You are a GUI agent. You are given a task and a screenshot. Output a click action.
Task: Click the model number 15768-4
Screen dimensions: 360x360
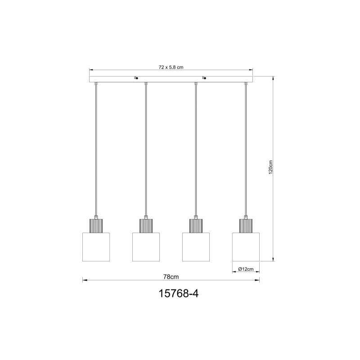[178, 293]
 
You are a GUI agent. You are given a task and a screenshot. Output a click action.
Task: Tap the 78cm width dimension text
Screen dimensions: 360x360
[171, 277]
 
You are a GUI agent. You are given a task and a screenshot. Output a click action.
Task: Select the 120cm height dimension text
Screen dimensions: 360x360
[271, 167]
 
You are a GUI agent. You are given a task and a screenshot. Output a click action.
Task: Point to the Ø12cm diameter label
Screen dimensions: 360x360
[246, 269]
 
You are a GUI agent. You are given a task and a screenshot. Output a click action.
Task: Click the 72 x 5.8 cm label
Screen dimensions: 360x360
[171, 67]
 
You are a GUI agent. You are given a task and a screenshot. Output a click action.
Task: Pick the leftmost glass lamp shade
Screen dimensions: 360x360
[96, 247]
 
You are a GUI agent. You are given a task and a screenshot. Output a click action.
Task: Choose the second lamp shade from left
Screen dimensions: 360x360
[146, 247]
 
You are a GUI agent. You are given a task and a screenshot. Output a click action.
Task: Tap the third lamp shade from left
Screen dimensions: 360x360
[196, 247]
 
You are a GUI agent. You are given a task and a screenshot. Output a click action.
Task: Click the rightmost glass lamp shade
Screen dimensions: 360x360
[246, 247]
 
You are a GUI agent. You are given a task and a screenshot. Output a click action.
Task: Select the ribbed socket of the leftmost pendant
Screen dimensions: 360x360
[96, 226]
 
